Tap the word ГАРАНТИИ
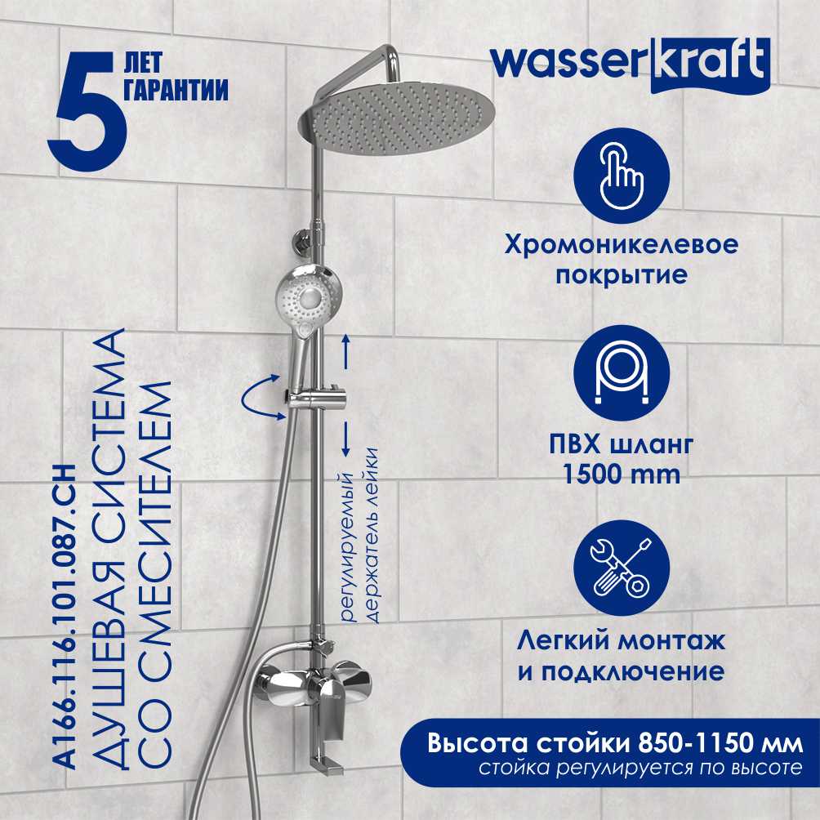tap(176, 89)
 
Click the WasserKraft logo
tap(631, 65)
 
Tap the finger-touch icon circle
tap(622, 176)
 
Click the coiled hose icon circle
tap(622, 373)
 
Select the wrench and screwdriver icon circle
tap(622, 568)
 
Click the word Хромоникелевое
tap(622, 245)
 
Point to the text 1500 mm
tap(622, 475)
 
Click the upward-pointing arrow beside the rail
tap(345, 351)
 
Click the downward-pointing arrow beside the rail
tap(345, 439)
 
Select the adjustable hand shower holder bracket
tap(317, 400)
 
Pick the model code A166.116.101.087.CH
tap(68, 617)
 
